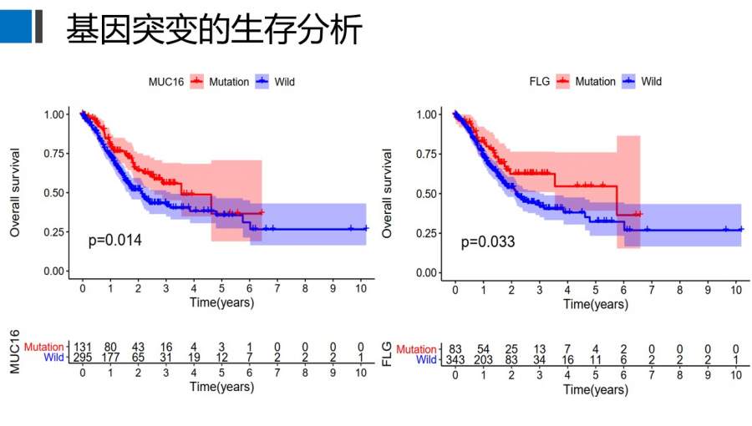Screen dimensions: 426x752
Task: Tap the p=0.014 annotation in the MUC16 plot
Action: pyautogui.click(x=115, y=241)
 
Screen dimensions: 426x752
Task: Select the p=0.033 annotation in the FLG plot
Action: pyautogui.click(x=488, y=242)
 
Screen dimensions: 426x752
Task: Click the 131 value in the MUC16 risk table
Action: pyautogui.click(x=82, y=347)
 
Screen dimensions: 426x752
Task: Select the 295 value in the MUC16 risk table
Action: pyautogui.click(x=82, y=358)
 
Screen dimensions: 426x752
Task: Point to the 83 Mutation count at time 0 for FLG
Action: pyautogui.click(x=455, y=348)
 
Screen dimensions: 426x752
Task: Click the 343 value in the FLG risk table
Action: pyautogui.click(x=455, y=359)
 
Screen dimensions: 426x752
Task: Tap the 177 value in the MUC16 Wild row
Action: pyautogui.click(x=110, y=358)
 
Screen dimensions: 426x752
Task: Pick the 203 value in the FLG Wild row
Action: pyautogui.click(x=483, y=359)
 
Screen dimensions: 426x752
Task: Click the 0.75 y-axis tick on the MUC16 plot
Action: pyautogui.click(x=54, y=153)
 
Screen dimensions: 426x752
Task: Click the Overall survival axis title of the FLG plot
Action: pyautogui.click(x=388, y=193)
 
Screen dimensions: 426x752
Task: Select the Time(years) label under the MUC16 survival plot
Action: pyautogui.click(x=221, y=302)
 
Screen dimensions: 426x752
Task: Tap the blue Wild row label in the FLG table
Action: pyautogui.click(x=425, y=359)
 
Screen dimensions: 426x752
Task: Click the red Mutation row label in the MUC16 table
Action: pyautogui.click(x=43, y=347)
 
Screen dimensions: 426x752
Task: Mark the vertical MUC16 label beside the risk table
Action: pyautogui.click(x=14, y=351)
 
